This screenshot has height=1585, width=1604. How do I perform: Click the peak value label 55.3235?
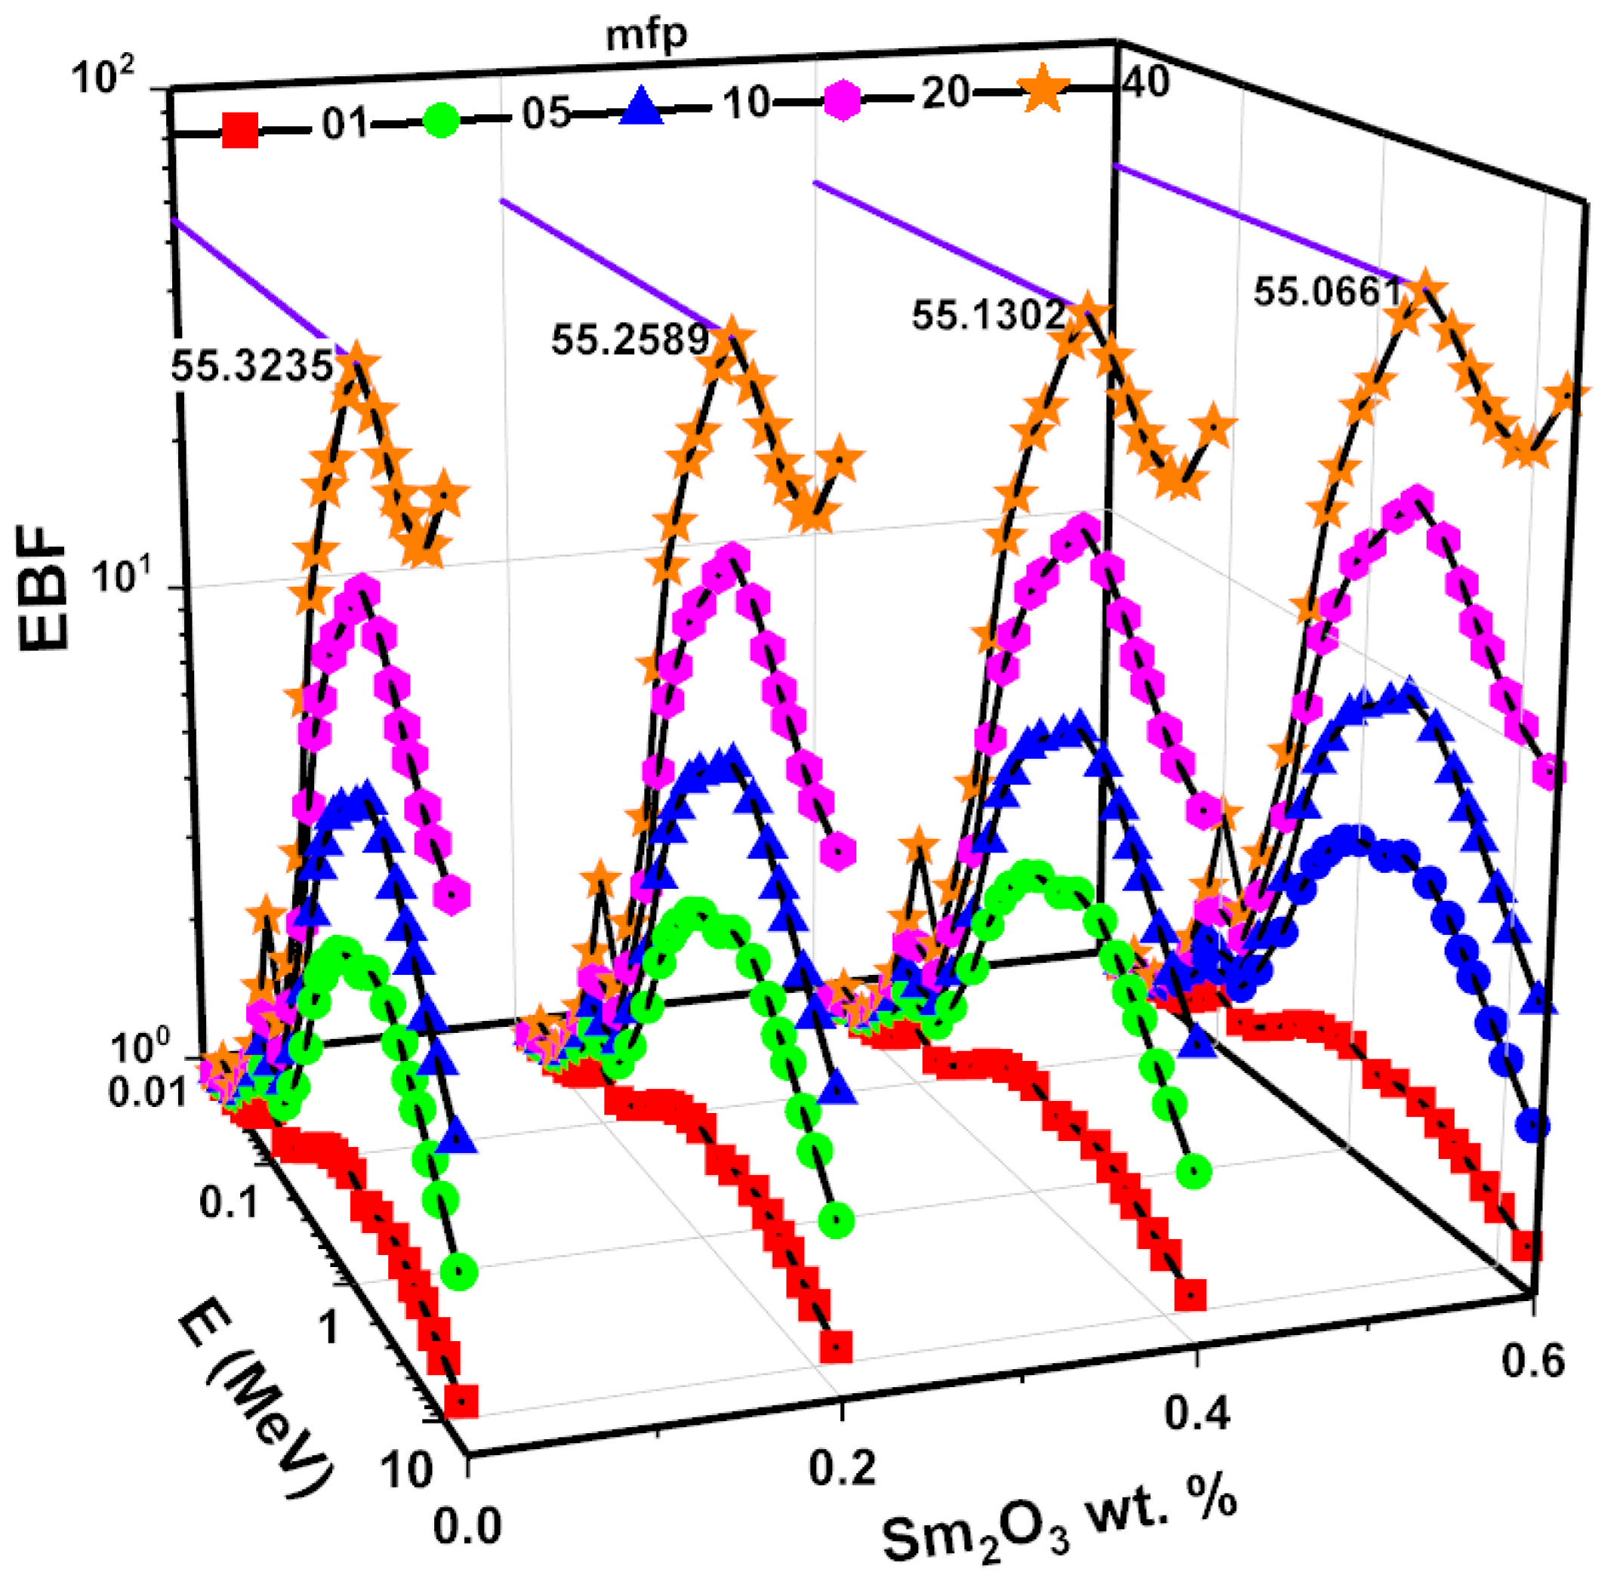(251, 366)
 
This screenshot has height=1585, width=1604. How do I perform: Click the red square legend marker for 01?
(240, 132)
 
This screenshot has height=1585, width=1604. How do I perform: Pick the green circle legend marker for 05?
(440, 119)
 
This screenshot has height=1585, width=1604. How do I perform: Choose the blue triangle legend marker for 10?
(642, 109)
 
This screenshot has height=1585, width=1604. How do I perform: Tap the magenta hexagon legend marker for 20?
(841, 100)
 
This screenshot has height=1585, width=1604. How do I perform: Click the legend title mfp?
(646, 35)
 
